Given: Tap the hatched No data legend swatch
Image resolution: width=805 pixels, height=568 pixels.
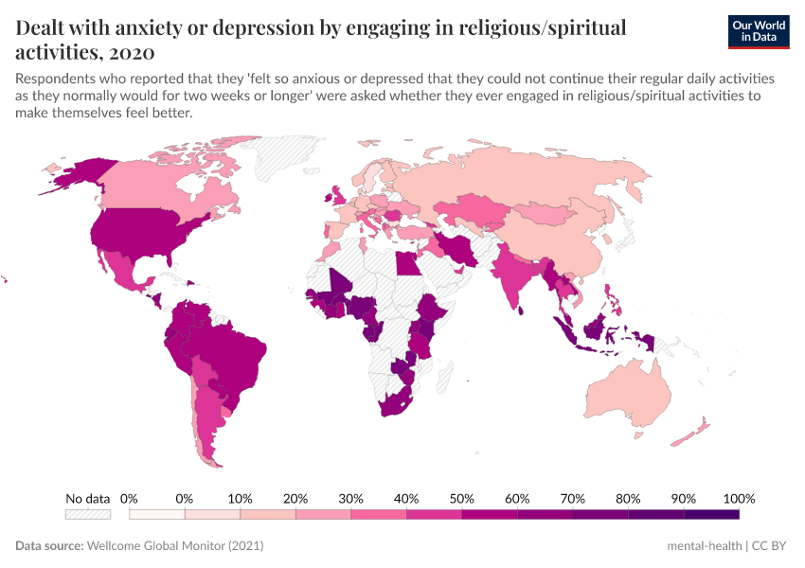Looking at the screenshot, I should (87, 514).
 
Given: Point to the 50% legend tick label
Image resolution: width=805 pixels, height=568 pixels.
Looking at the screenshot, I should (461, 498).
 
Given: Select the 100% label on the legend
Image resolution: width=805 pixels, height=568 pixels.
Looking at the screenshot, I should (738, 498).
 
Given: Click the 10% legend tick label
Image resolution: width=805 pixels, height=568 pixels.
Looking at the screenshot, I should (240, 498).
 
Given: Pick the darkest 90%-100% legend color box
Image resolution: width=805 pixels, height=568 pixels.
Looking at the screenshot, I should (710, 514).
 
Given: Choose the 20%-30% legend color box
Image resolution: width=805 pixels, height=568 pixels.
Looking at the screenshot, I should (323, 514).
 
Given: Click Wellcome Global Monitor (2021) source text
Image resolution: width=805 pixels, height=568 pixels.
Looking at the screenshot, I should (174, 546).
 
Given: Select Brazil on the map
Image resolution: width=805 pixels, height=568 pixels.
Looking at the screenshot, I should (237, 355).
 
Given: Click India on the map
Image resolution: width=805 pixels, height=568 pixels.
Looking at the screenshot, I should (516, 275).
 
